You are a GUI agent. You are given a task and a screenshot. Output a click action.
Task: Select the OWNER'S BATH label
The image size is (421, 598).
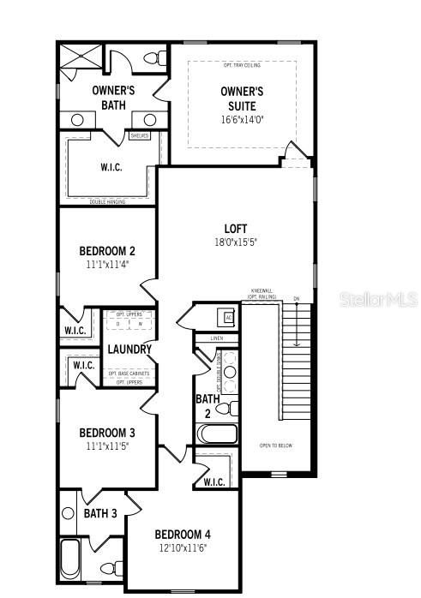coord(114,98)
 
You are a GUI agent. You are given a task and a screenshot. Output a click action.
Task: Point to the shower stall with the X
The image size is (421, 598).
coord(81,58)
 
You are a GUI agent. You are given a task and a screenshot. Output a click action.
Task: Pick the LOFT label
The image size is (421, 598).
coord(236,228)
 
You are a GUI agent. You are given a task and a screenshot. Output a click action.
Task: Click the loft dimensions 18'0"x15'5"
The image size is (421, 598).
coord(236,242)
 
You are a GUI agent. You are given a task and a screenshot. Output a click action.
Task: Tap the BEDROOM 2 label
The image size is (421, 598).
coord(107,251)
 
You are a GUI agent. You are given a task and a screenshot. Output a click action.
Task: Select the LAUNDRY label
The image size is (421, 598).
coord(129,350)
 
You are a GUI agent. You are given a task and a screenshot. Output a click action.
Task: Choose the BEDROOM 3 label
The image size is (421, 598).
coord(107,433)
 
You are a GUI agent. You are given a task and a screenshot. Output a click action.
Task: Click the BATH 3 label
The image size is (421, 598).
coord(100,513)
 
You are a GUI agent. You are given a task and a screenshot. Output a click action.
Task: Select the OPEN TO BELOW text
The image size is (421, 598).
coord(277,446)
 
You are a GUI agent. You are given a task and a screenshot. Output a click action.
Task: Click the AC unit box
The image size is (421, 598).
coord(228,317)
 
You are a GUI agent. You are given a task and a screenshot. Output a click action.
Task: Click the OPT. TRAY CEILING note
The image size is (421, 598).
coord(243,65)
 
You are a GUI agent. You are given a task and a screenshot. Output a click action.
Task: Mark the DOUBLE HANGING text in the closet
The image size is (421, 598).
coord(107,202)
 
